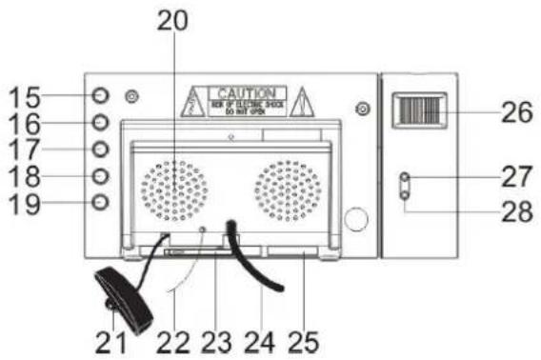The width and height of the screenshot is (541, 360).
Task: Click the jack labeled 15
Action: pyautogui.click(x=103, y=95)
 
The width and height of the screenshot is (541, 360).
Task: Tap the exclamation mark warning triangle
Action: pyautogui.click(x=302, y=99)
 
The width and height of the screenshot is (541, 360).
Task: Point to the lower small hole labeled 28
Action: pyautogui.click(x=405, y=194)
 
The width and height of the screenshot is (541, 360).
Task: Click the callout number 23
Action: pyautogui.click(x=216, y=338)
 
